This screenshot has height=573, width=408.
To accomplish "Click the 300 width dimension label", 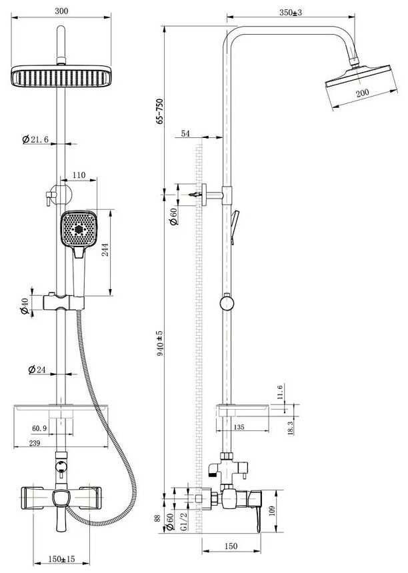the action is click(x=61, y=11).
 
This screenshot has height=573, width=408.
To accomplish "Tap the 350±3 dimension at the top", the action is click(x=291, y=13).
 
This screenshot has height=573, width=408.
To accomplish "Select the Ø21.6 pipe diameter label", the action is click(x=35, y=139).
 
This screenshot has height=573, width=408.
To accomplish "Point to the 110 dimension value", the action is click(x=79, y=175).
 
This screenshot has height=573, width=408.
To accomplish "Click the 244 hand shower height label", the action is click(x=105, y=249).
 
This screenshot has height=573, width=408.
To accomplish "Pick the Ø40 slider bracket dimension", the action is click(x=24, y=306).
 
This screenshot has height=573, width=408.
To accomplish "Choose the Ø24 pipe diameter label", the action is click(x=37, y=370).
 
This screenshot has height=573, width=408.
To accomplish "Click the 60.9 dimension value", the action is click(x=39, y=428).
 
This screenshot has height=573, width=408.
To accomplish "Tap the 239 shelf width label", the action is click(x=34, y=443).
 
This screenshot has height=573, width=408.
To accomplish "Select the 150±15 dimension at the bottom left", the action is click(x=61, y=559).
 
